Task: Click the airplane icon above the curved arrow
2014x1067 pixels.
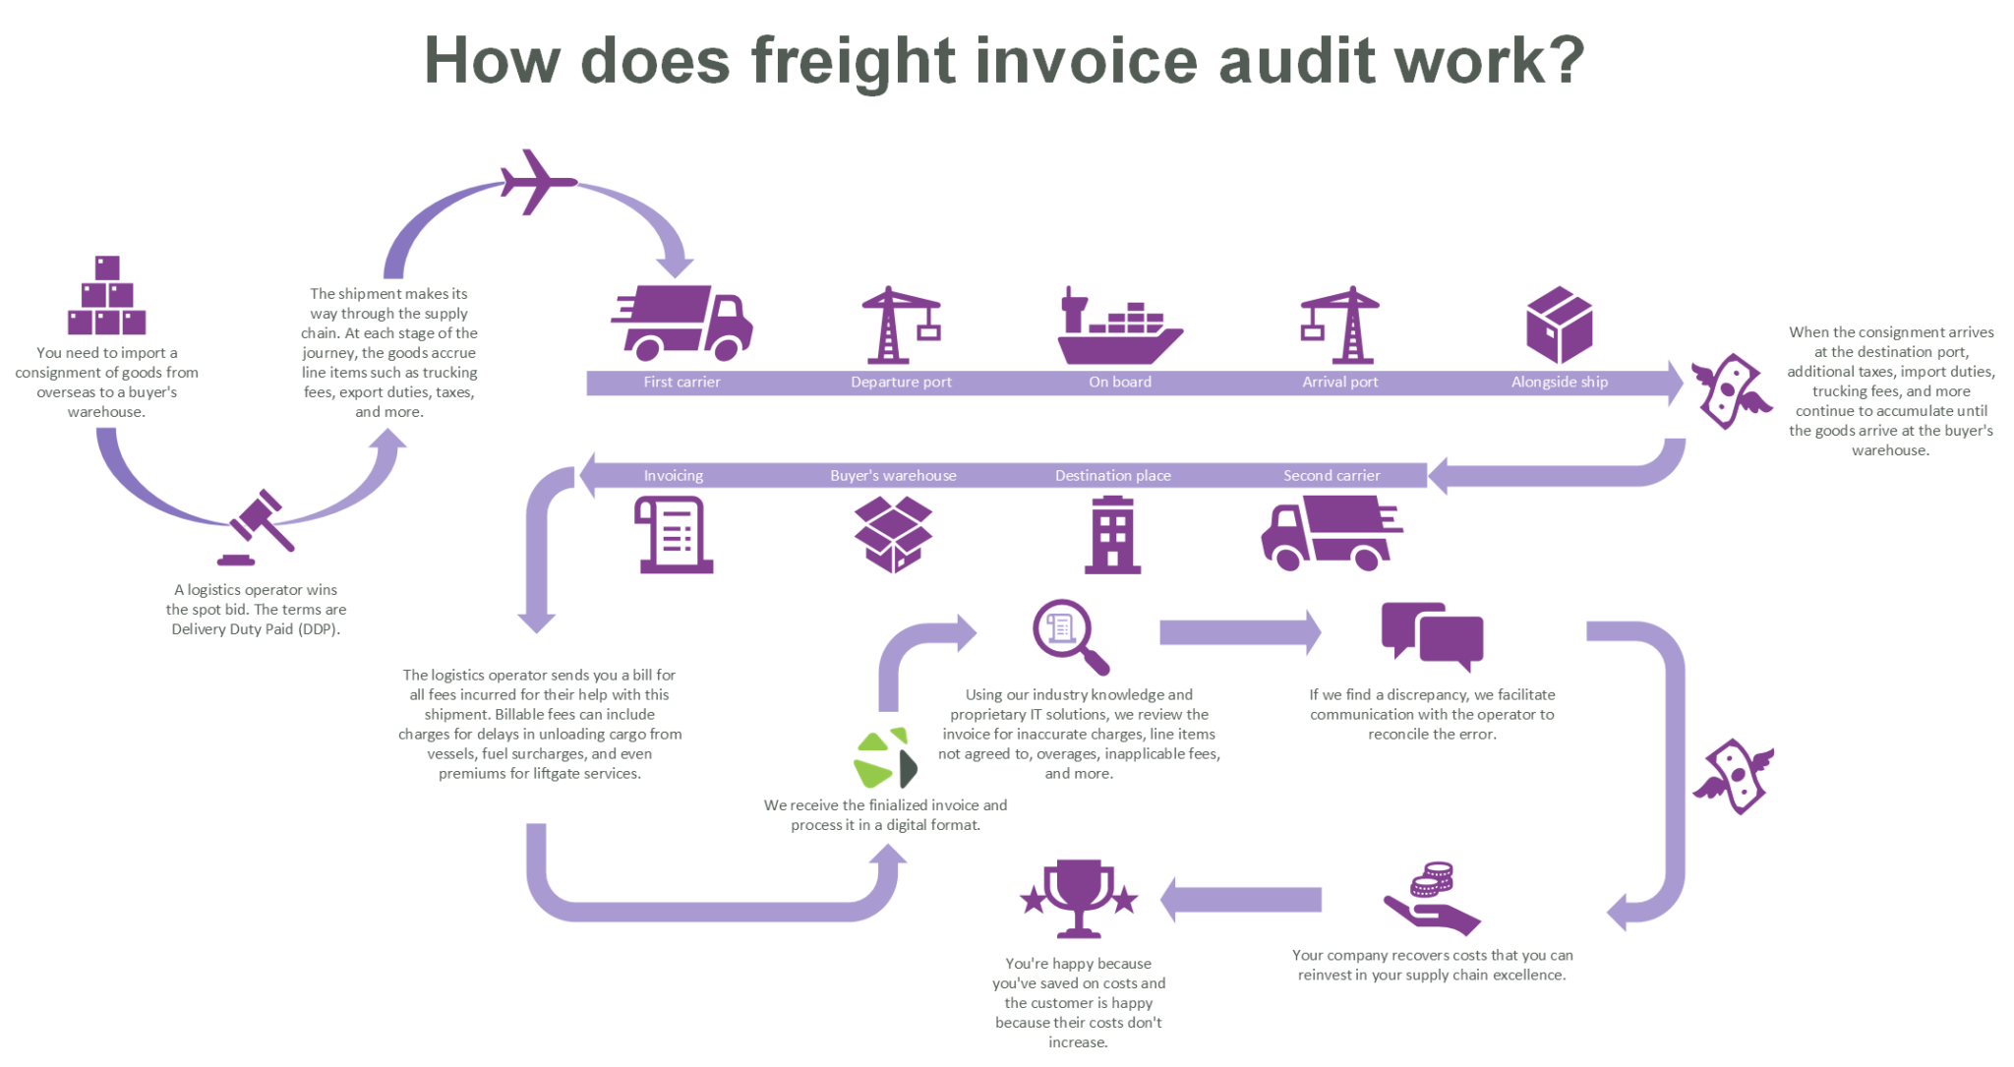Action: coord(536,182)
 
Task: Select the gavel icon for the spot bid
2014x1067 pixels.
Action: coord(257,526)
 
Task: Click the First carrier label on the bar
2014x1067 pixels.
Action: coord(681,383)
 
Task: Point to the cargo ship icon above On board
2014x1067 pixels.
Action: coord(1118,329)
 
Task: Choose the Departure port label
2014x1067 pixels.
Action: coord(901,383)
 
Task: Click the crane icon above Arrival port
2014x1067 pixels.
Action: coord(1339,326)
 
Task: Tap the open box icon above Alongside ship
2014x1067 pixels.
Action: coord(1559,325)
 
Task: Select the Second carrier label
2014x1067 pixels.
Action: coord(1331,476)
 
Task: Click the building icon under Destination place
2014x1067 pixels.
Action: coord(1112,535)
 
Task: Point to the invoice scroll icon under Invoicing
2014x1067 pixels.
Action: coord(674,535)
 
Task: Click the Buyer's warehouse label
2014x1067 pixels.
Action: coord(893,476)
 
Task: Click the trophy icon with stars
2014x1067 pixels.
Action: coord(1079,898)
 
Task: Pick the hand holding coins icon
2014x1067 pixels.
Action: coord(1431,900)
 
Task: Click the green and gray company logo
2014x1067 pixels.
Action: coord(885,759)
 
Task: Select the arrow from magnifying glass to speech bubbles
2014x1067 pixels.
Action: coord(1239,632)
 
